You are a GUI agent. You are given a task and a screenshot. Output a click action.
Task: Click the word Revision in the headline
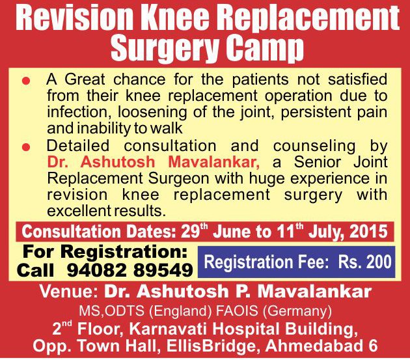(75, 19)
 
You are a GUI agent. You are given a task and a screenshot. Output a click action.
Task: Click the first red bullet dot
(26, 81)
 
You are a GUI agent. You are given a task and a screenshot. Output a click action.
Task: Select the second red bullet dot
(26, 147)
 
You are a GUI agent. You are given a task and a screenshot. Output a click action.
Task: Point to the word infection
(77, 112)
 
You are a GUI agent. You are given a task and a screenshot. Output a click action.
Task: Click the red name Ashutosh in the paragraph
(118, 162)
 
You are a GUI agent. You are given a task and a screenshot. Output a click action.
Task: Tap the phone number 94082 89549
(130, 270)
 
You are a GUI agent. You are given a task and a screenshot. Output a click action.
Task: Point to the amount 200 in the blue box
(379, 262)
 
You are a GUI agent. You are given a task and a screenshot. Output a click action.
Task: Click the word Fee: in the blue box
(313, 262)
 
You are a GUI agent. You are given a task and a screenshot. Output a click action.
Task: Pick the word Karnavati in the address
(169, 329)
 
